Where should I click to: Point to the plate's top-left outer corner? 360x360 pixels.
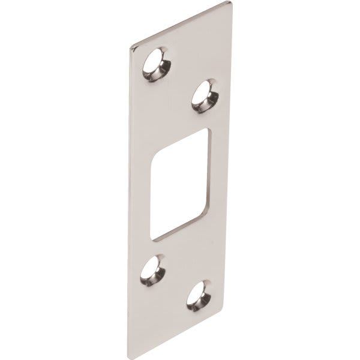(x=128, y=46)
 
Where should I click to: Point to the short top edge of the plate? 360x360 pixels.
(x=180, y=25)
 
